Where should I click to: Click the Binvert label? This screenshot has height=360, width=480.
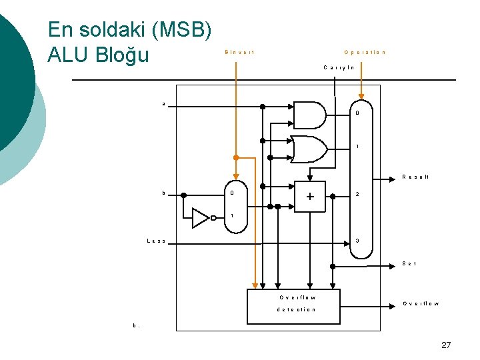(x=240, y=52)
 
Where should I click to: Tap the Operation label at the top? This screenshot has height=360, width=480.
(x=365, y=52)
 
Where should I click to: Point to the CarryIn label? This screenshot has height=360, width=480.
(x=339, y=67)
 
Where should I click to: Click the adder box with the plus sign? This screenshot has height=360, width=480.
(x=309, y=197)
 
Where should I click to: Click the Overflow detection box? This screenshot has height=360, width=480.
(x=293, y=305)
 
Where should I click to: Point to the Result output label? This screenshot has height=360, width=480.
(x=415, y=177)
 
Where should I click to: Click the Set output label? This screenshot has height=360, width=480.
(x=410, y=264)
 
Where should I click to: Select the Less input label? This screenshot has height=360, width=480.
(x=156, y=241)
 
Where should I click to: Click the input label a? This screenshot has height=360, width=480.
(x=164, y=104)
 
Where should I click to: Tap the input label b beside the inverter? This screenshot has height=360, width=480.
(x=163, y=193)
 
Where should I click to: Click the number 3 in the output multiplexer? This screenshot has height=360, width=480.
(x=358, y=241)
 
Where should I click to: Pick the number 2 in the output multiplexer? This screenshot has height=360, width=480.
(x=358, y=195)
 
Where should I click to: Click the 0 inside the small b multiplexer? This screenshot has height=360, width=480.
(x=232, y=194)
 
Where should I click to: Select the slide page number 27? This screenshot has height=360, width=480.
(x=446, y=345)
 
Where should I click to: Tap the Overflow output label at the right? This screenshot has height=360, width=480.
(x=421, y=304)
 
